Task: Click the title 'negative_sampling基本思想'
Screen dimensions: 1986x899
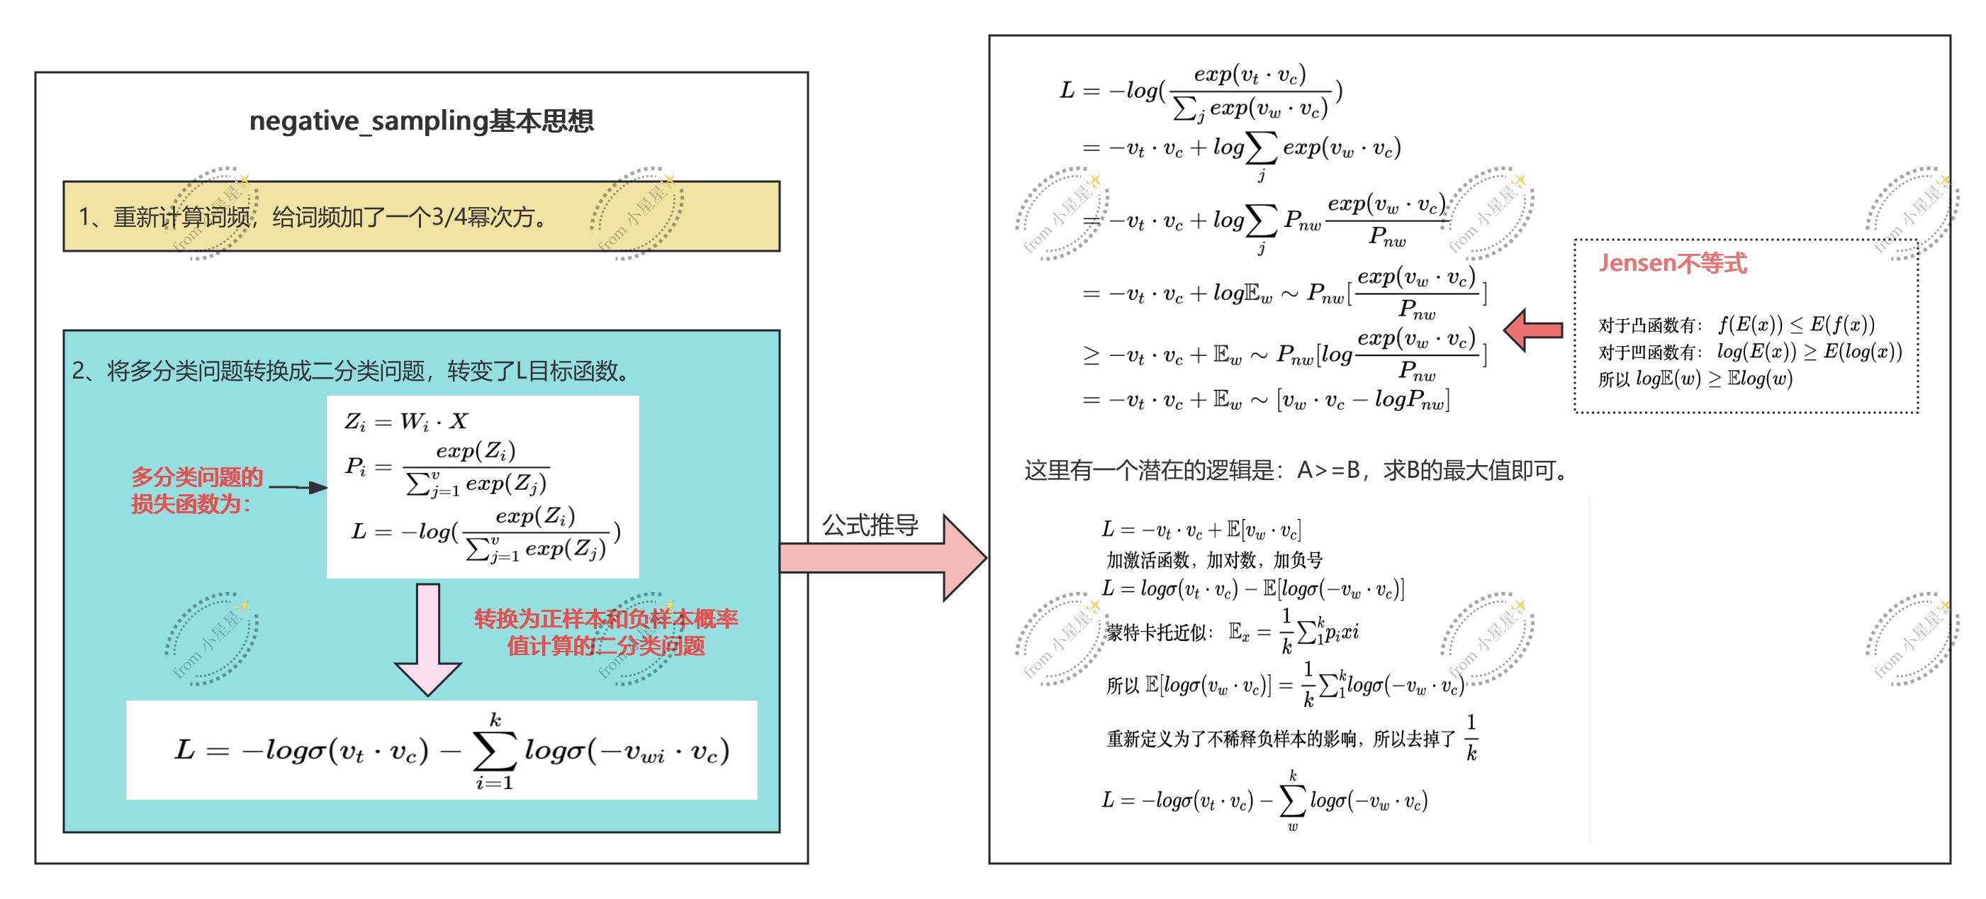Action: [x=421, y=121]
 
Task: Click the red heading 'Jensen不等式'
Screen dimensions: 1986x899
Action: [x=1672, y=264]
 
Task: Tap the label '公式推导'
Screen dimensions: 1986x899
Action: [x=870, y=526]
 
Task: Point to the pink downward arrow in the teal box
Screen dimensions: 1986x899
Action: [x=428, y=640]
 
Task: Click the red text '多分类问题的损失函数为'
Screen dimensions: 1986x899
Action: [x=196, y=491]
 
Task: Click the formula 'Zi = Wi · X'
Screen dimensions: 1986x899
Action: [x=405, y=422]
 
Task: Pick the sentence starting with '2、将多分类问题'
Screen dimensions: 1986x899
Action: [x=352, y=372]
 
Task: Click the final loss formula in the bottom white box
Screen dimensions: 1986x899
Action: [x=451, y=751]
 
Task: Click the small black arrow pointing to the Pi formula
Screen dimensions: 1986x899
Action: [x=298, y=487]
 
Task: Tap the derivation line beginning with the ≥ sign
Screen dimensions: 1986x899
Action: [x=1284, y=355]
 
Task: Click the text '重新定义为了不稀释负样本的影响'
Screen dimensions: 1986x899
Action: [x=1280, y=739]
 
